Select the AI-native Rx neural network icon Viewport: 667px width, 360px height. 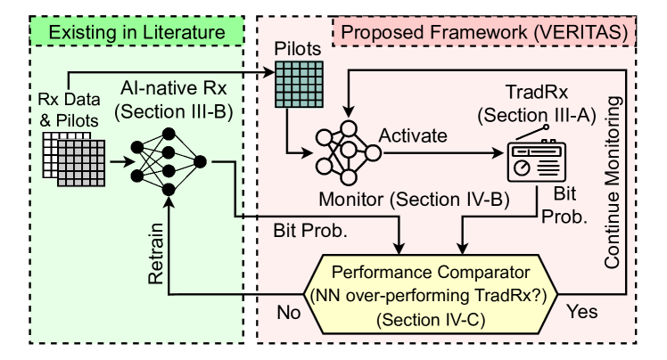point(167,161)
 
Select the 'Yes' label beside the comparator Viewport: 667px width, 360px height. point(581,315)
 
